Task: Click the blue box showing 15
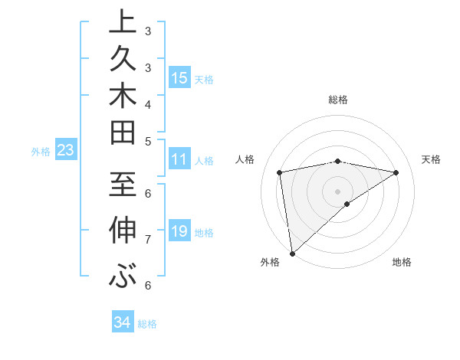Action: (179, 77)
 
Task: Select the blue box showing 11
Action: (179, 159)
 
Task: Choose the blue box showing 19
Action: (179, 231)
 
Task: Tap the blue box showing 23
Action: (66, 150)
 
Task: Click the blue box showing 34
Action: (122, 322)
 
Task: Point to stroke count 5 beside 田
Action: (148, 141)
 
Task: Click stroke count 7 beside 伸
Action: (148, 240)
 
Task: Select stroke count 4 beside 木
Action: (148, 103)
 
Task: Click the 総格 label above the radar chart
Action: (338, 100)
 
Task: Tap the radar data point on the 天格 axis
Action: (396, 173)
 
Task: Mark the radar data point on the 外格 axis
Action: (292, 253)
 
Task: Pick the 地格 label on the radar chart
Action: (402, 263)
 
